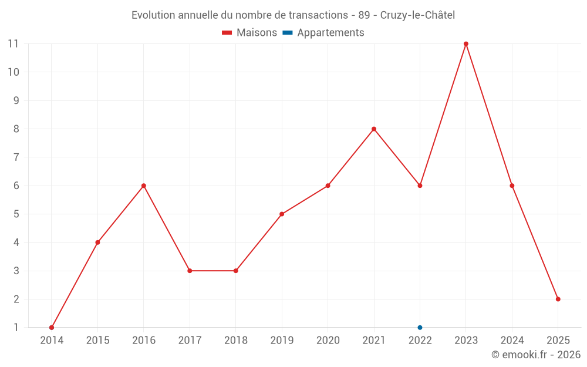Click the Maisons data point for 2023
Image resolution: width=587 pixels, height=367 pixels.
[x=466, y=44]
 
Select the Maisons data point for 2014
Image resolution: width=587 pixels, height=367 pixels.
[x=52, y=328]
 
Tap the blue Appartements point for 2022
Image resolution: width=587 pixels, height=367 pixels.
[x=420, y=328]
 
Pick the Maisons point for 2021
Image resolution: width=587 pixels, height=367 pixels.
[x=374, y=129]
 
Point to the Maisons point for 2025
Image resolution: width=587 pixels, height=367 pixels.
[x=558, y=299]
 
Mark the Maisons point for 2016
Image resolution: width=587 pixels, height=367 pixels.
[x=144, y=186]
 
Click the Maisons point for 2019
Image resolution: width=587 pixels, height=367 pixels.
[x=282, y=214]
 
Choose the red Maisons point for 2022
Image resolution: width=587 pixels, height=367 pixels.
[x=420, y=186]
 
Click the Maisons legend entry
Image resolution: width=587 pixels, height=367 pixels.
[x=249, y=33]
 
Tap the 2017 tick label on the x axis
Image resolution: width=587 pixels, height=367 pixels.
[x=190, y=341]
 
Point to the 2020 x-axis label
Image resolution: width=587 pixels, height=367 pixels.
[x=328, y=341]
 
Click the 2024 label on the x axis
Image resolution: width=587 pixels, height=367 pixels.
[x=512, y=341]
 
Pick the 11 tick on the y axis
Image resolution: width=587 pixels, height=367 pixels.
[x=13, y=44]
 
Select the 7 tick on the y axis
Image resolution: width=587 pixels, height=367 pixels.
[x=16, y=157]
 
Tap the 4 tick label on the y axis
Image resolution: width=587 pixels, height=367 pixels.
[x=16, y=243]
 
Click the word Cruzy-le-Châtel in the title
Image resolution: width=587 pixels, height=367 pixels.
[x=417, y=15]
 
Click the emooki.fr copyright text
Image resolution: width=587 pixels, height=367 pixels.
[x=535, y=355]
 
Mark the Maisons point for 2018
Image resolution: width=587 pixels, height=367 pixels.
[x=236, y=271]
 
